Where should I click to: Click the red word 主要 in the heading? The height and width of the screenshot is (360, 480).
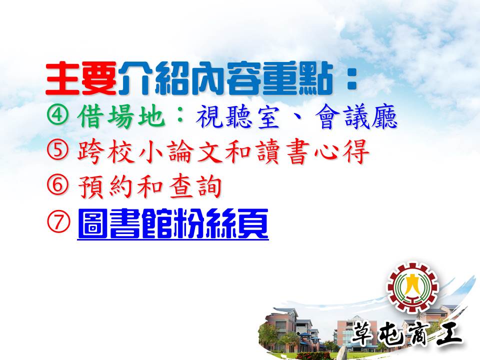pyautogui.click(x=81, y=78)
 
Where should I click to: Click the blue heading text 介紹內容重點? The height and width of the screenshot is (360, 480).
pyautogui.click(x=225, y=78)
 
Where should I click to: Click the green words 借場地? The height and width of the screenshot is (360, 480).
pyautogui.click(x=121, y=116)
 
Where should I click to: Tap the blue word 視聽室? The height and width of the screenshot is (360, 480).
pyautogui.click(x=238, y=117)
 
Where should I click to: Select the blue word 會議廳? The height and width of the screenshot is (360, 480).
pyautogui.click(x=356, y=117)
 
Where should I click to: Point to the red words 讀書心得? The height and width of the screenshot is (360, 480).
pyautogui.click(x=312, y=151)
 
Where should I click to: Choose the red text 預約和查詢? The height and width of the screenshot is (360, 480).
pyautogui.click(x=149, y=186)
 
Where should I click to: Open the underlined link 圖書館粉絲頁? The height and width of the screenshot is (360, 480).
pyautogui.click(x=173, y=223)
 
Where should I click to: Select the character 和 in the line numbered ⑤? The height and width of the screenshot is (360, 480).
pyautogui.click(x=237, y=151)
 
